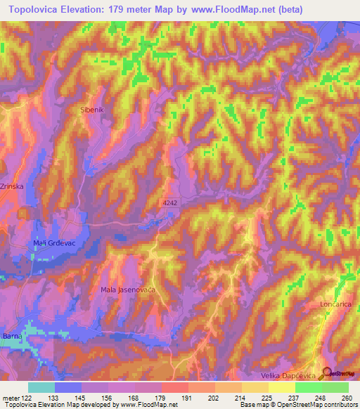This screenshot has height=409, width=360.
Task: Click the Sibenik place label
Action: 93,110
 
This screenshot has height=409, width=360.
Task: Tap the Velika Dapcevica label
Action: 290,377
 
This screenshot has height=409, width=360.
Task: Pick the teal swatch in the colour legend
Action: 41,387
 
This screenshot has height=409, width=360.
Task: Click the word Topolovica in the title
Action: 34,10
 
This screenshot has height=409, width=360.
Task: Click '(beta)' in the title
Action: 297,10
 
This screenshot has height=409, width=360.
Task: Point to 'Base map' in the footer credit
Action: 252,404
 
